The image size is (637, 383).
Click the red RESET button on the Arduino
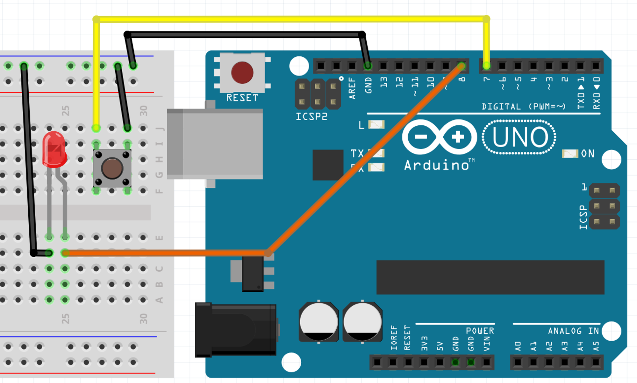click(x=242, y=73)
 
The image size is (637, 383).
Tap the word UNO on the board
click(x=520, y=137)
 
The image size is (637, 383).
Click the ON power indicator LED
click(x=570, y=154)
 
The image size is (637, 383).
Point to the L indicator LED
click(x=376, y=124)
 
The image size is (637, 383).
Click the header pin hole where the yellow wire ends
click(x=486, y=66)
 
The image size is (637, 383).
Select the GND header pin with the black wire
click(x=368, y=66)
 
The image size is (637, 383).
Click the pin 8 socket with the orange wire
click(x=462, y=66)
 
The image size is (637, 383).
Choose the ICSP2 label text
click(x=311, y=117)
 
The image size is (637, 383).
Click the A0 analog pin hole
click(x=518, y=362)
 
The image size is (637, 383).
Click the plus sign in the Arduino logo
click(x=458, y=137)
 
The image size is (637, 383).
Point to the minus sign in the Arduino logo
click(x=421, y=137)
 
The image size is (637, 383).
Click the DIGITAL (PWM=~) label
click(x=524, y=107)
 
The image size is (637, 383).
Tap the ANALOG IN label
click(x=573, y=331)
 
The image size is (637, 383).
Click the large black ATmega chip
click(x=490, y=277)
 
